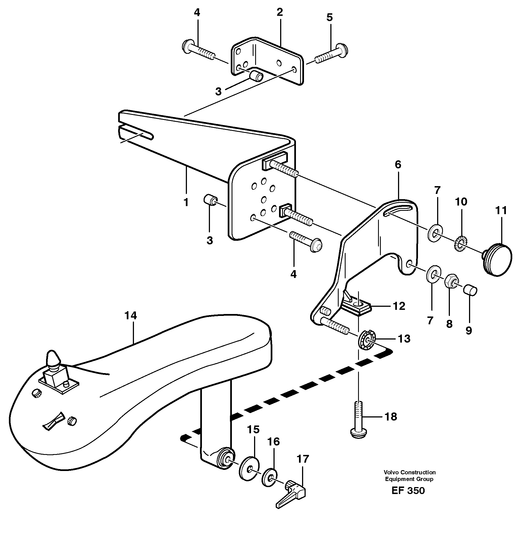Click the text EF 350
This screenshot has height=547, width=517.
click(x=408, y=490)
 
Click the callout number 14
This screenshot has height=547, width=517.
click(x=131, y=315)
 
